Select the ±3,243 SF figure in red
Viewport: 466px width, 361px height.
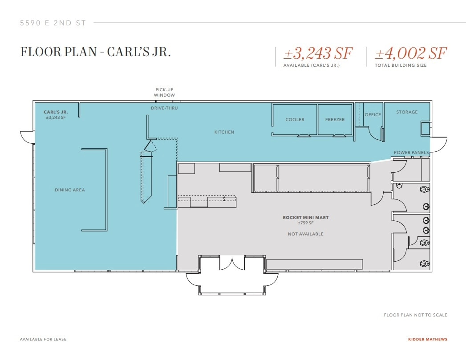point(318,54)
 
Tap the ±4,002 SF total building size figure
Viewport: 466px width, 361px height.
point(410,54)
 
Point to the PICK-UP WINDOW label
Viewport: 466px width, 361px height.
point(164,93)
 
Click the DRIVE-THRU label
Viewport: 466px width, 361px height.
point(164,108)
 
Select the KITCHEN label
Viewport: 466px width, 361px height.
point(224,132)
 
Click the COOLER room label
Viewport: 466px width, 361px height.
point(295,120)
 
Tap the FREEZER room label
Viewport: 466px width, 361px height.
point(335,120)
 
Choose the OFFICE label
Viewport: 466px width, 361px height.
point(373,115)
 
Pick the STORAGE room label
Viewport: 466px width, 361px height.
point(407,112)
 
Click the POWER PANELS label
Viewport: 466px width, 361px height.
point(411,153)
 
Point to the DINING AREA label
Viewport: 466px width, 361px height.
point(69,190)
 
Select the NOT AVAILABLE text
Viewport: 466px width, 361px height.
point(305,234)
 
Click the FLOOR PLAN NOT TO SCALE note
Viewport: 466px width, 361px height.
point(415,315)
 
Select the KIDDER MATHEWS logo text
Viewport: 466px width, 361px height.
point(427,339)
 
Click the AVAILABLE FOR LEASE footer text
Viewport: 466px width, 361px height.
point(43,339)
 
